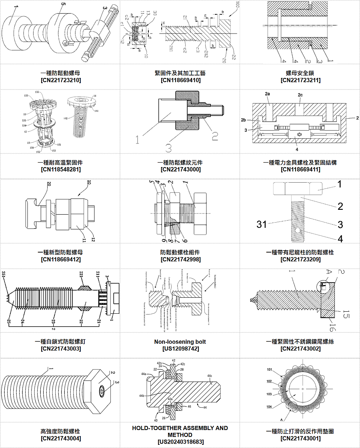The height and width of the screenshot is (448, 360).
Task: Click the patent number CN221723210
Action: pyautogui.click(x=61, y=80)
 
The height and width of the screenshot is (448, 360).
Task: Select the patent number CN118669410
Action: pyautogui.click(x=180, y=80)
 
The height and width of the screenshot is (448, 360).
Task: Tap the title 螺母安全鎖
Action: pyautogui.click(x=300, y=73)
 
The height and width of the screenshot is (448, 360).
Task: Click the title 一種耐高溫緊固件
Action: pyautogui.click(x=61, y=163)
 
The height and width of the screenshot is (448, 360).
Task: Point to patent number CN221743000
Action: pyautogui.click(x=180, y=169)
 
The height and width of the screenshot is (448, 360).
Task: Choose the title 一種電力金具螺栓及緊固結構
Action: pyautogui.click(x=300, y=163)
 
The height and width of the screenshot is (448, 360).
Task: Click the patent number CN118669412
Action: pyautogui.click(x=61, y=259)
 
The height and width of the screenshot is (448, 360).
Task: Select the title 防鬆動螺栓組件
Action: pyautogui.click(x=180, y=252)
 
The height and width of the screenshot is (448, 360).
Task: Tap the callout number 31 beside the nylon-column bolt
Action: pyautogui.click(x=261, y=225)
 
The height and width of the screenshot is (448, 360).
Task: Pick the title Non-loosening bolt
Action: pyautogui.click(x=180, y=342)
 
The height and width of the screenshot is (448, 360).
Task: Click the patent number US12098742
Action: pyautogui.click(x=180, y=349)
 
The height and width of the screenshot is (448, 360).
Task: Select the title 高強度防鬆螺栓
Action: pyautogui.click(x=61, y=431)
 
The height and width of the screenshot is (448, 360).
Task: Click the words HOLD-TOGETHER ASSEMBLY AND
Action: pyautogui.click(x=180, y=428)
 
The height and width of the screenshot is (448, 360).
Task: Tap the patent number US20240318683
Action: pyautogui.click(x=180, y=442)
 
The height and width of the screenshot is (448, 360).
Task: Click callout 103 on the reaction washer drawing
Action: pyautogui.click(x=269, y=394)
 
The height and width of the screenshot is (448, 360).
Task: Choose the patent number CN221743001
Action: pyautogui.click(x=300, y=438)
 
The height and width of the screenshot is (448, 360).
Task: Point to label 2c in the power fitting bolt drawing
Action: pyautogui.click(x=300, y=95)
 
